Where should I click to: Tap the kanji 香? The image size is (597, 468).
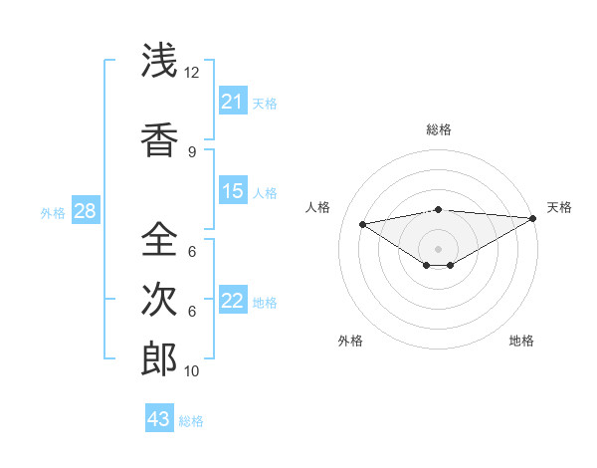tap(158, 139)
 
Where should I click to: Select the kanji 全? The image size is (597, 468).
tap(158, 239)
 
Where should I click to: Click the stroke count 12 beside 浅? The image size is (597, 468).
tap(192, 73)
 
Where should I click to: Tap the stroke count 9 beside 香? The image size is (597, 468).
tap(192, 151)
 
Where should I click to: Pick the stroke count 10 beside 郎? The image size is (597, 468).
tap(192, 371)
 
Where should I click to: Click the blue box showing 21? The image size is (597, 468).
tap(232, 102)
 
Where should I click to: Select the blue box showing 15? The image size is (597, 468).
tap(232, 191)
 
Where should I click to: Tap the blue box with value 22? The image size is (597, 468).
tap(232, 301)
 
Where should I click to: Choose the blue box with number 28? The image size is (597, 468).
tap(84, 211)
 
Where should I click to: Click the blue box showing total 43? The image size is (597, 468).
tap(158, 419)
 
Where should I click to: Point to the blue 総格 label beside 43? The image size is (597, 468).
tap(192, 421)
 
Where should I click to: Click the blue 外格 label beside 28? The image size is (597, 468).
tap(53, 212)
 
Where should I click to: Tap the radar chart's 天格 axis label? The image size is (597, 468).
tap(559, 207)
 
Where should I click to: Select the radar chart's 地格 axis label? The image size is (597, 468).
tap(521, 341)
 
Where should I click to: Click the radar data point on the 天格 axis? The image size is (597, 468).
tap(532, 217)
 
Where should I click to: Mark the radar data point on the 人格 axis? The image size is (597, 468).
tap(363, 223)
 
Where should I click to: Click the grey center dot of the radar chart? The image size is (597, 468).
tap(438, 248)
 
